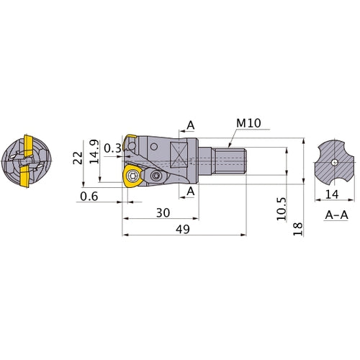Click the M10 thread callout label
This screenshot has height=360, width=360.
[x=248, y=123]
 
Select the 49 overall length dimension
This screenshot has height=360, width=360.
[x=183, y=229]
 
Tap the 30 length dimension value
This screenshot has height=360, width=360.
[x=163, y=212]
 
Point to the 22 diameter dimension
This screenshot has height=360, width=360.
[x=78, y=158]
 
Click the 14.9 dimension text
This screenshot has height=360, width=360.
[x=94, y=151]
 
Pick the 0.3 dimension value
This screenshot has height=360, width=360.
[x=112, y=148]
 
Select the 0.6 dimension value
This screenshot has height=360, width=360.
[x=89, y=197]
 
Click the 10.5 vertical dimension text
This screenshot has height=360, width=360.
[x=282, y=209]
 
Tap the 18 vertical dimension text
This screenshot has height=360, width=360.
[x=298, y=229]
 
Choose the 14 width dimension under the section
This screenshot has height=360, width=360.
[x=332, y=194]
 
